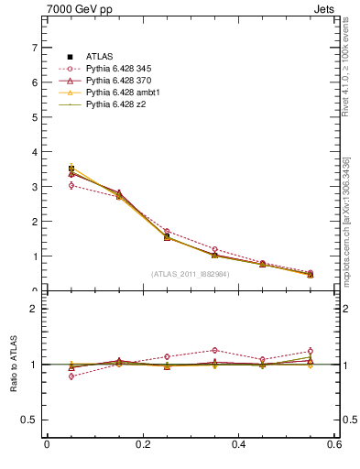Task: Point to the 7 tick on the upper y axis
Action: click(x=34, y=48)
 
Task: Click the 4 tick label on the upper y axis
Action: click(x=34, y=152)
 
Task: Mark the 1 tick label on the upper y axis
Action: click(x=34, y=256)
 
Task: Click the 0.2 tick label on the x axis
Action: click(x=142, y=444)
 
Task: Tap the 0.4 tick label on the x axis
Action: click(x=238, y=444)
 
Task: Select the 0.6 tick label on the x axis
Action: click(x=333, y=444)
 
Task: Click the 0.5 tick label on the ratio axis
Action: click(x=29, y=420)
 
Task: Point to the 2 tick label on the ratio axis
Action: click(x=34, y=309)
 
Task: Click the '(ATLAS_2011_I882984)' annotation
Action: click(x=191, y=274)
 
